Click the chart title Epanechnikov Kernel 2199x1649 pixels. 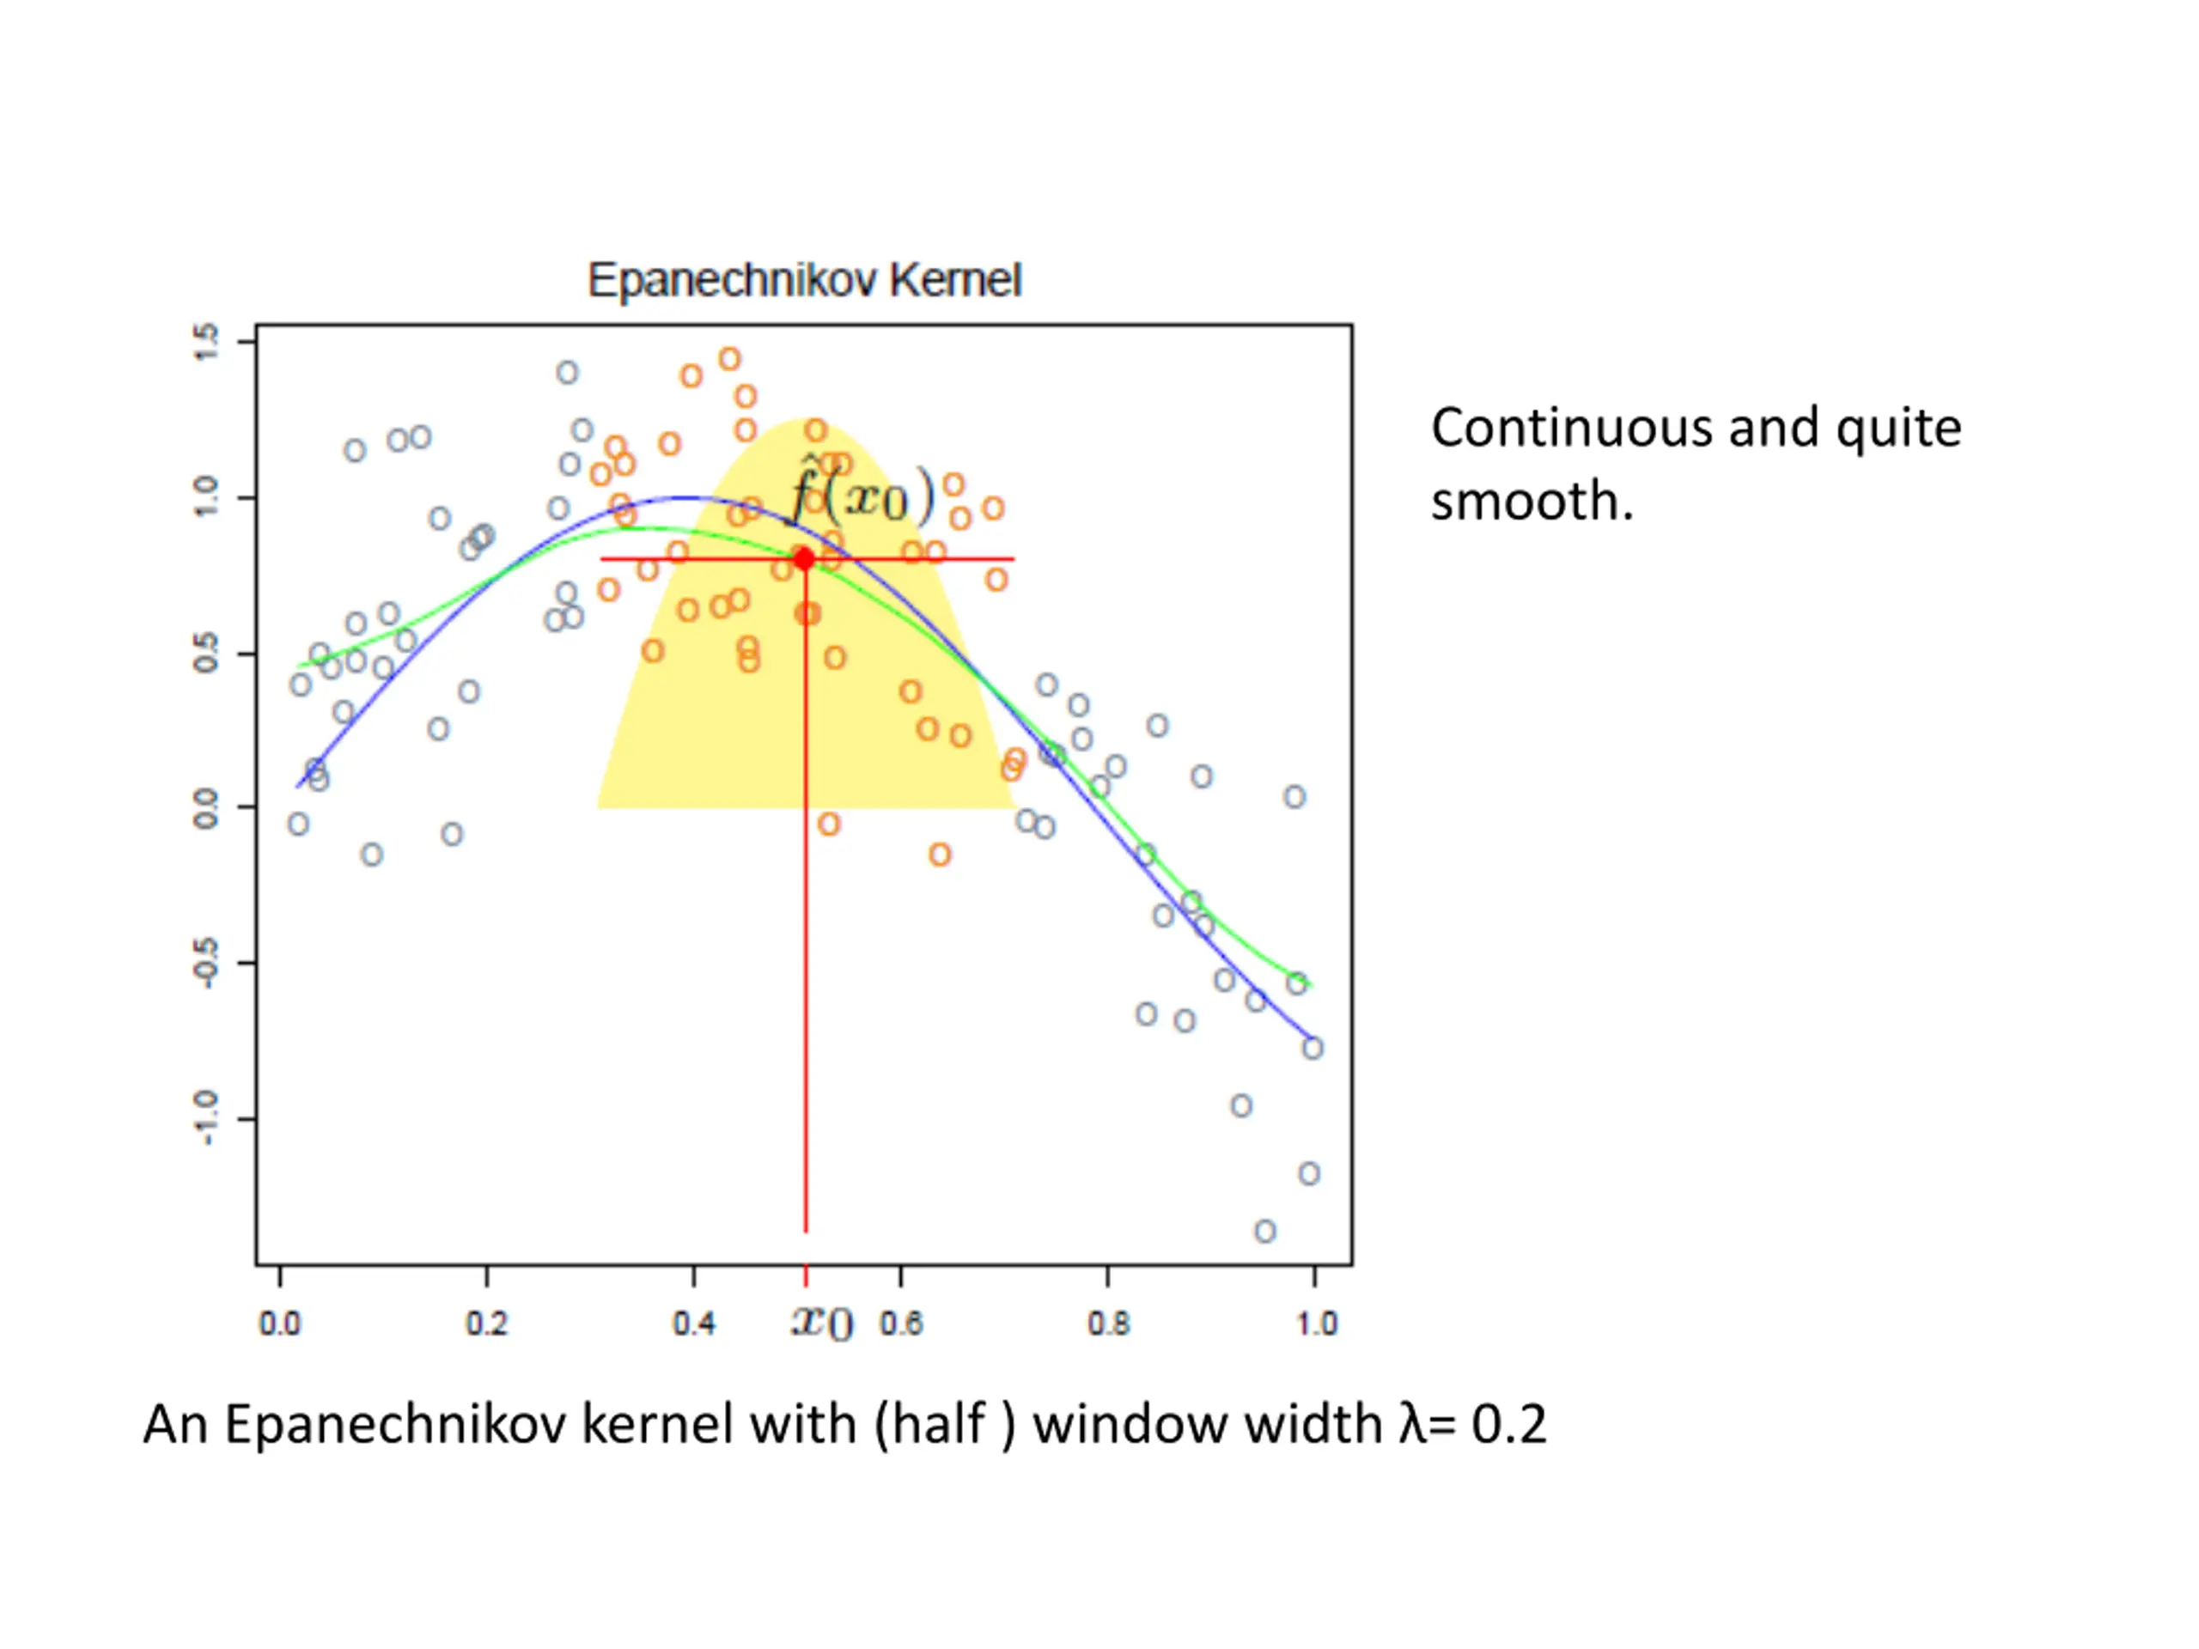[x=804, y=280]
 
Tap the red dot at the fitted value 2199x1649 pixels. [x=805, y=560]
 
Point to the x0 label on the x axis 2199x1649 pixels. [x=822, y=1322]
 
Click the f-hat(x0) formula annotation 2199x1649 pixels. [x=862, y=493]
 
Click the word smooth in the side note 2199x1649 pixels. [x=1531, y=501]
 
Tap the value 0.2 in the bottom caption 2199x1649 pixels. [x=1509, y=1424]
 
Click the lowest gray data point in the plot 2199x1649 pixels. [x=1264, y=1232]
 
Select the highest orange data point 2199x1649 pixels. [x=729, y=359]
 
